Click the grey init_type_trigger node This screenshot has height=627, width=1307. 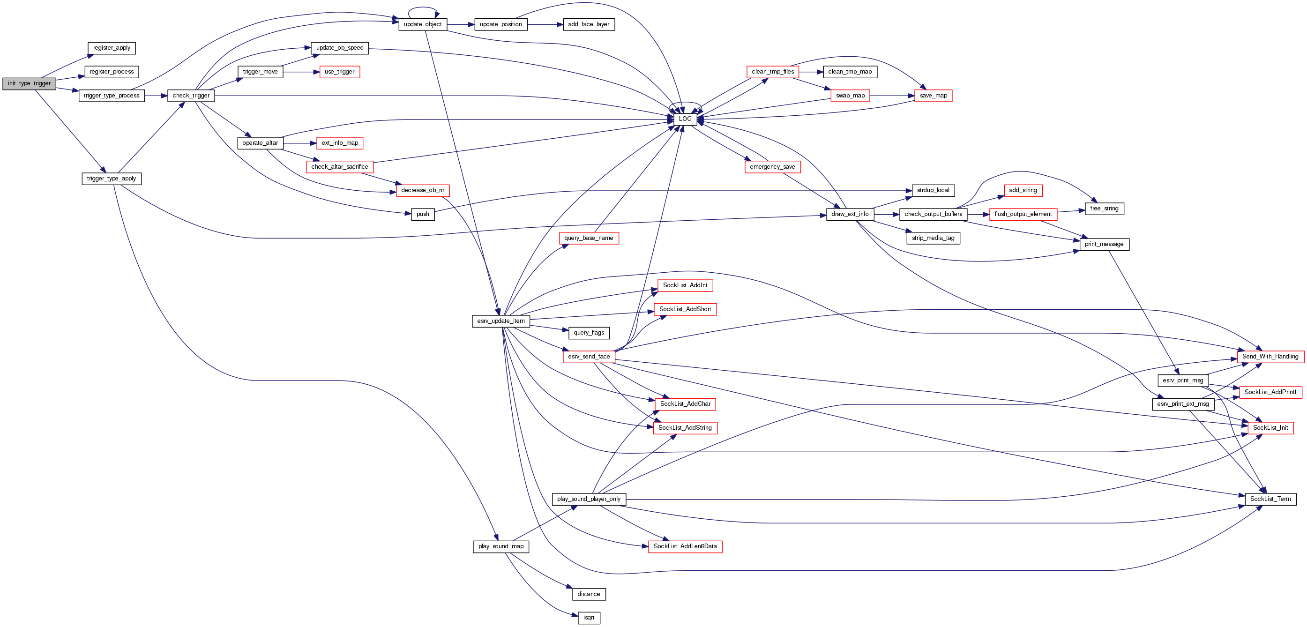pos(29,84)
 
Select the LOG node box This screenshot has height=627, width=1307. pos(685,119)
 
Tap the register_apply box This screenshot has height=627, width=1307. pos(112,48)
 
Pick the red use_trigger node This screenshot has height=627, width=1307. pos(339,72)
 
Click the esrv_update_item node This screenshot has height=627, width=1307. pos(501,321)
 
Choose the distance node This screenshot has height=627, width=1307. pos(589,594)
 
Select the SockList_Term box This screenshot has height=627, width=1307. pos(1270,499)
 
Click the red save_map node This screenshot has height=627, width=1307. pos(933,96)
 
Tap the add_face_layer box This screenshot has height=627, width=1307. pos(589,24)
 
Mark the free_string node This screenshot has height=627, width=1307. pos(1104,209)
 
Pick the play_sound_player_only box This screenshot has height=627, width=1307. pos(589,499)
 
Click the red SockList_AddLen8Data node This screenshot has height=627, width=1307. pos(685,546)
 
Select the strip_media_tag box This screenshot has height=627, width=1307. pos(933,238)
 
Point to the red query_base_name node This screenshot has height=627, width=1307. pos(589,238)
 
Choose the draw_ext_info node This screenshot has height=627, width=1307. pos(849,214)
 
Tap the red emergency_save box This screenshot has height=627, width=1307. pos(772,167)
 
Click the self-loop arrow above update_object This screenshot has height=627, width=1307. pos(423,8)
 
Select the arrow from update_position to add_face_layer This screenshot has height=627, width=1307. pos(545,24)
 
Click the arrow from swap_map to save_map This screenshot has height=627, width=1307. pos(892,96)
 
